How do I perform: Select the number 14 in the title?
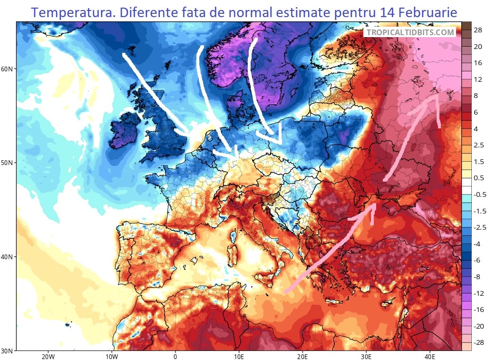[387, 12]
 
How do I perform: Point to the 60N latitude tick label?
[8, 69]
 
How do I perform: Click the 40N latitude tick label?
[8, 257]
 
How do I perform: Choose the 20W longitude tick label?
[47, 356]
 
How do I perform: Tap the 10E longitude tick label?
[239, 356]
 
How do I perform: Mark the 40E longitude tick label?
[430, 356]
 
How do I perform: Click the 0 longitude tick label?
[175, 356]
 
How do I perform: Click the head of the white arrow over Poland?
[278, 139]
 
